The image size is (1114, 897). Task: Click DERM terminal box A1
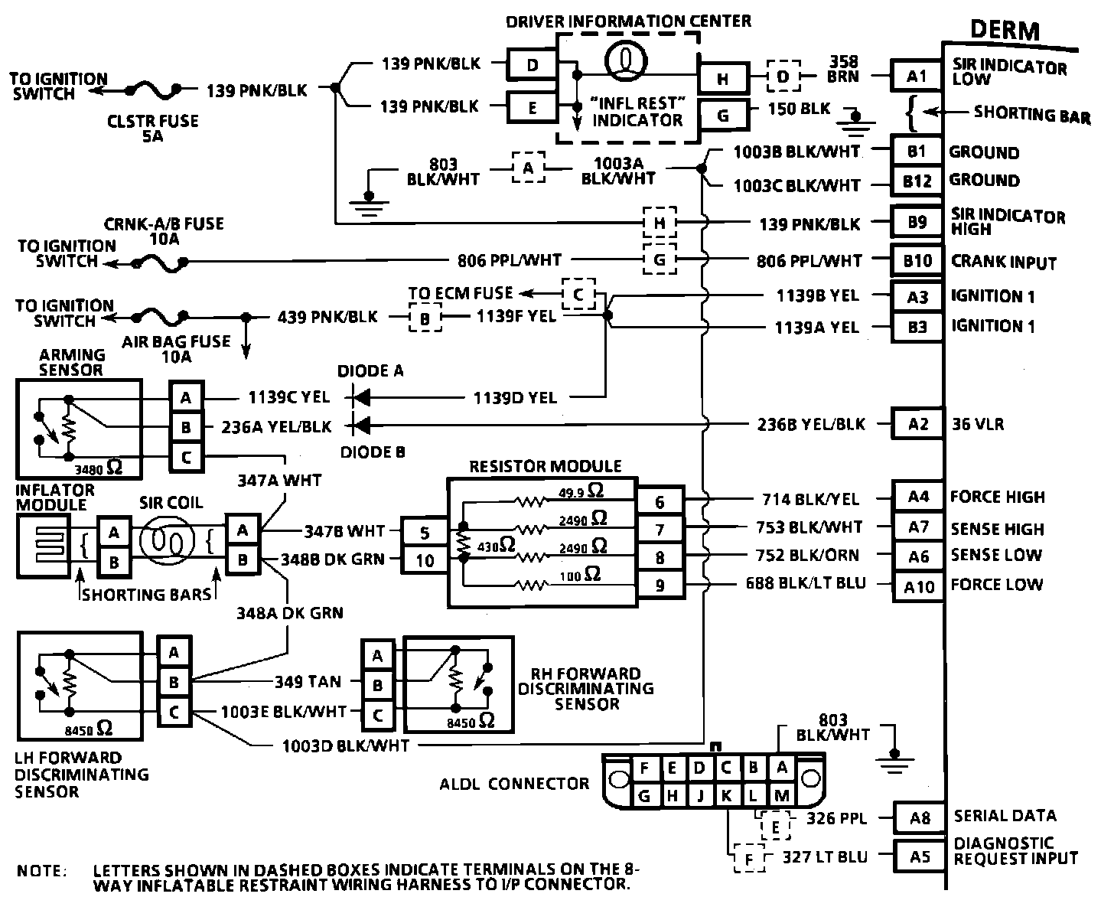coord(917,77)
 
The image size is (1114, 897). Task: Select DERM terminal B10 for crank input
coord(917,261)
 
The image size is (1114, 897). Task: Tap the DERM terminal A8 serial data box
coord(920,818)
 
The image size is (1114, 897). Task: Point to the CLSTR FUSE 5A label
coord(152,129)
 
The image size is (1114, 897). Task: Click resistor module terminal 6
coord(660,501)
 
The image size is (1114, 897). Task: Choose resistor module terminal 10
coord(425,559)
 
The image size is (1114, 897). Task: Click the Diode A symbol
coord(360,397)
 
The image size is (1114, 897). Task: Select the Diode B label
coord(373,452)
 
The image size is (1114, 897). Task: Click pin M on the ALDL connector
coord(781,796)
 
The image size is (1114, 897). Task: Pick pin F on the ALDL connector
coord(644,768)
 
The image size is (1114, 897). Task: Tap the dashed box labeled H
coord(660,223)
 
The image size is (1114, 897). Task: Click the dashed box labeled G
coord(660,259)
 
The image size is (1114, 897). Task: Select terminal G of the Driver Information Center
coord(723,116)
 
